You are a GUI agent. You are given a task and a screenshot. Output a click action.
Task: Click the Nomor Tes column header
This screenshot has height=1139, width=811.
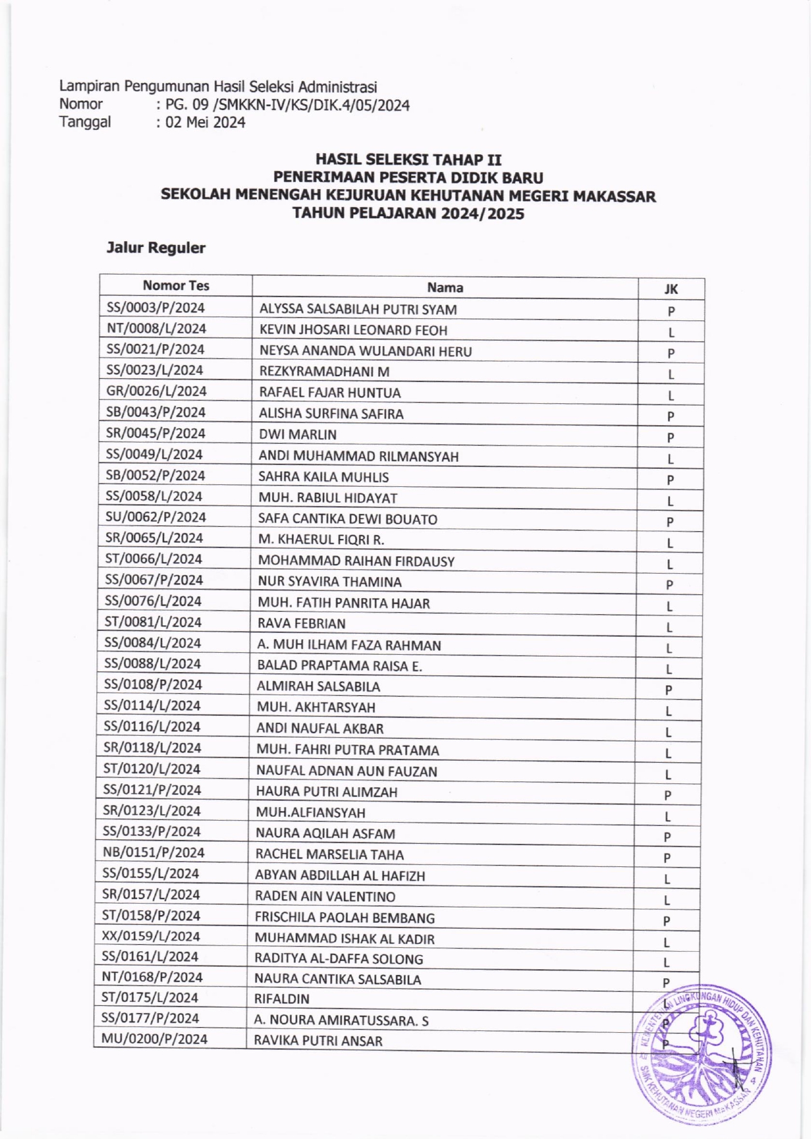click(176, 286)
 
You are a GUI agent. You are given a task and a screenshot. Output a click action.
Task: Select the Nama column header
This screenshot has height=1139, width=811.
click(445, 287)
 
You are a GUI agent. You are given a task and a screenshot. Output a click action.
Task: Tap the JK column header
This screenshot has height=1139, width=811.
click(671, 289)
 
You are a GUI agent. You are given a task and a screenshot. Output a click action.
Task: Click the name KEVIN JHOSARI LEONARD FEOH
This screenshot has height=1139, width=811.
click(353, 330)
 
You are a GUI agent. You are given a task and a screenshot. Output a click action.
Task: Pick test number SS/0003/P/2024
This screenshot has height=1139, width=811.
click(156, 307)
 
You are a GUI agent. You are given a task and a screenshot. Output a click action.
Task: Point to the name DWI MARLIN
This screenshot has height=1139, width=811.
click(297, 434)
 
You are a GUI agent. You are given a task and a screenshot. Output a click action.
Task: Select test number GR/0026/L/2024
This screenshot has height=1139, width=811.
click(156, 391)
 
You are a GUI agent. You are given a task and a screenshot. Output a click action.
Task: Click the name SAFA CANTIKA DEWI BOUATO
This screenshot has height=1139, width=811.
click(347, 519)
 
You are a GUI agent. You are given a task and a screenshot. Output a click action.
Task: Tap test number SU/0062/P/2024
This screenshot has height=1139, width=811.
click(155, 517)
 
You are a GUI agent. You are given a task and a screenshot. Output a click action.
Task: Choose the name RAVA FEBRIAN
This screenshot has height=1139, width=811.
click(301, 623)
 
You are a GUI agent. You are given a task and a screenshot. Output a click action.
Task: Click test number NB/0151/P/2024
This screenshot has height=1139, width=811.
click(153, 852)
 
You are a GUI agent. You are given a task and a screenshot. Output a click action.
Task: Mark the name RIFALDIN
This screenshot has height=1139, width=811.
click(282, 999)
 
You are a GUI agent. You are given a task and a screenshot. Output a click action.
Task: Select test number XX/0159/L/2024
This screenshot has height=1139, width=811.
click(151, 936)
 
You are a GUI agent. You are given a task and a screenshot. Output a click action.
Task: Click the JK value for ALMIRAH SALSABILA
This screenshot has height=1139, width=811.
click(668, 690)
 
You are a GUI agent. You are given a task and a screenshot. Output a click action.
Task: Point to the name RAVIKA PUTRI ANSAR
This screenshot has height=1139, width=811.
click(318, 1041)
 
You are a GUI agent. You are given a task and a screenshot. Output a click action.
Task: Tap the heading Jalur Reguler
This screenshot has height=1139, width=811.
click(156, 248)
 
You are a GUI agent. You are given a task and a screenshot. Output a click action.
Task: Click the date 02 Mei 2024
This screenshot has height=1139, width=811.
click(205, 122)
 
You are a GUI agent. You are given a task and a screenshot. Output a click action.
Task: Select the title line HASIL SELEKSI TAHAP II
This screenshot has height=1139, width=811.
click(408, 159)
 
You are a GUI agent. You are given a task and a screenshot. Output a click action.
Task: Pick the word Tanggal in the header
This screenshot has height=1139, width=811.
click(85, 122)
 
